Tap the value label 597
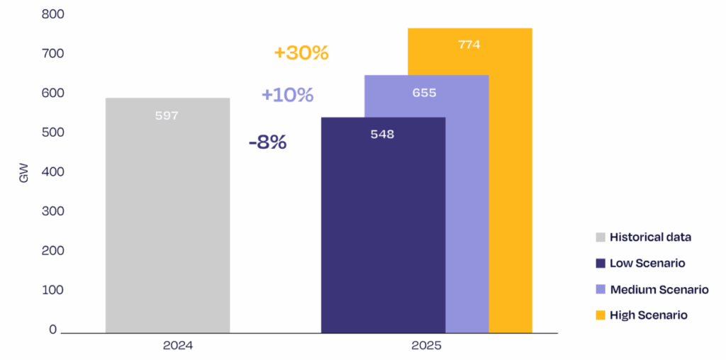pos(167,116)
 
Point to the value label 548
pos(382,134)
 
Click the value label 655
pos(424,93)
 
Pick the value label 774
pos(469,45)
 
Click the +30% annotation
pos(301,53)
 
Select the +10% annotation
pos(287,95)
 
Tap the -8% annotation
pos(267,142)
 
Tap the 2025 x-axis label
pos(426,347)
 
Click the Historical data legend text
pos(650,237)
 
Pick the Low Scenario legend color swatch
pos(601,264)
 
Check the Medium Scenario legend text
pos(659,289)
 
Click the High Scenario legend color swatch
pos(601,315)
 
